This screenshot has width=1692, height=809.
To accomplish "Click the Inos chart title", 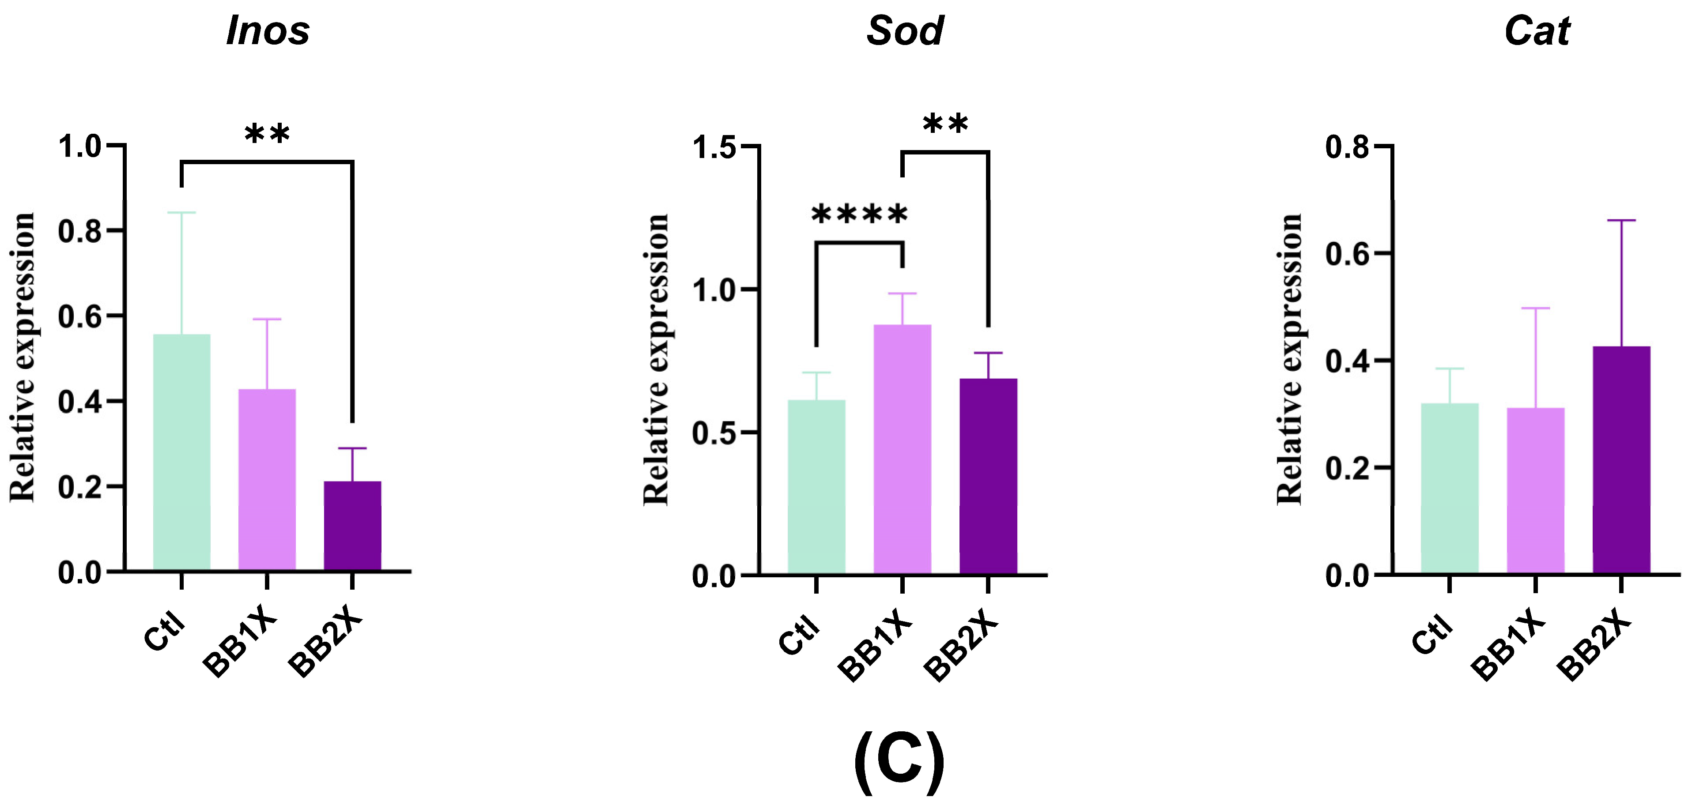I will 267,31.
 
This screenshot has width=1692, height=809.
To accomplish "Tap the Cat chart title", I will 1537,31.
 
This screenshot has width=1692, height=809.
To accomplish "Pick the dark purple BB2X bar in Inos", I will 352,525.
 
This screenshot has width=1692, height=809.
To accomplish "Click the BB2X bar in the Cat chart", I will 1621,459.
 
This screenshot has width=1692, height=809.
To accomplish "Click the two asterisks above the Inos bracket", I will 267,135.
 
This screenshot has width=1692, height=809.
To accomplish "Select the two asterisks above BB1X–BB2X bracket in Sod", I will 945,124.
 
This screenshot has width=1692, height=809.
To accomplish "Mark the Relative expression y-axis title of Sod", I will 656,359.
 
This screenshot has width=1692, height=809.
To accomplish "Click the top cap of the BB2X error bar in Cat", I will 1621,221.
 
